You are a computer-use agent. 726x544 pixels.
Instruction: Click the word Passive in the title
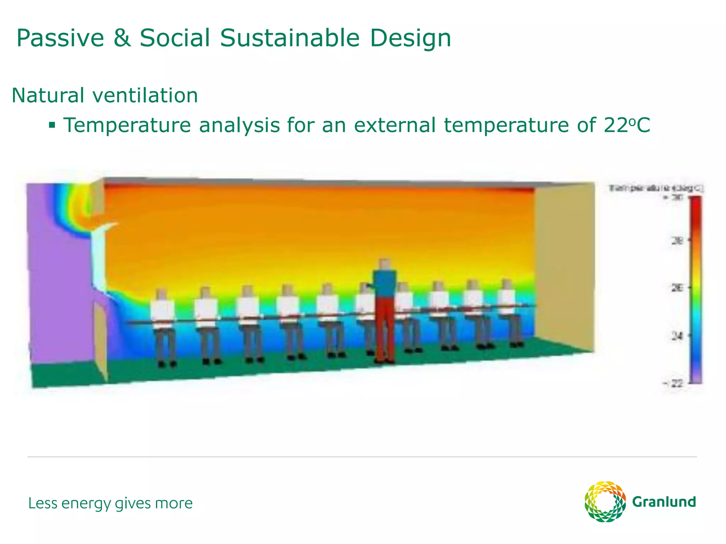click(x=60, y=38)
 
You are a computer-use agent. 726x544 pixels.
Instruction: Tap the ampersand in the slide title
click(x=122, y=38)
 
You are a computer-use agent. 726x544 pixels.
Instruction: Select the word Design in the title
click(x=410, y=38)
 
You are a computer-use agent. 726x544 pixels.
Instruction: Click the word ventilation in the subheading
click(x=145, y=95)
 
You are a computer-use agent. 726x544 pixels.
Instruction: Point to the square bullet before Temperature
click(x=52, y=125)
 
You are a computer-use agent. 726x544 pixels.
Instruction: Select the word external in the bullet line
click(x=395, y=125)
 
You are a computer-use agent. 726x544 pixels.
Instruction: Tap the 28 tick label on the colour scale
click(x=677, y=241)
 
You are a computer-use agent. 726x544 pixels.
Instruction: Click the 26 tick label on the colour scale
click(x=677, y=288)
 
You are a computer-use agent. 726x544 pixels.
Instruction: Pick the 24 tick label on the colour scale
click(x=677, y=335)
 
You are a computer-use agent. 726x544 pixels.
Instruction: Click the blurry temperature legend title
click(x=656, y=188)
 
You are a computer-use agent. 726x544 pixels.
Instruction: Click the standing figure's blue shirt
click(x=384, y=283)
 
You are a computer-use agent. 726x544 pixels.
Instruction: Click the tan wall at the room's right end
click(x=564, y=266)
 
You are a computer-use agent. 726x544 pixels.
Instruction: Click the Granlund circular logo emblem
click(x=605, y=501)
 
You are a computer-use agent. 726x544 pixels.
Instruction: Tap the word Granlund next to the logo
click(x=664, y=502)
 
